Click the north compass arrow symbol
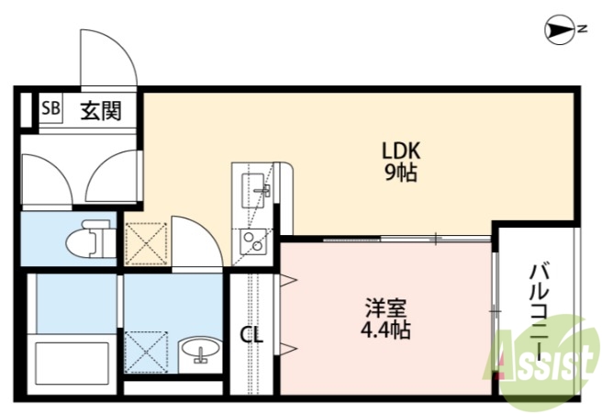558,29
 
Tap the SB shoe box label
50,110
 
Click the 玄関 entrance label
99,111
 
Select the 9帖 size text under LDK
401,173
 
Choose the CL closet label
251,336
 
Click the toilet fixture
88,240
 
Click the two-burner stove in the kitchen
251,242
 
